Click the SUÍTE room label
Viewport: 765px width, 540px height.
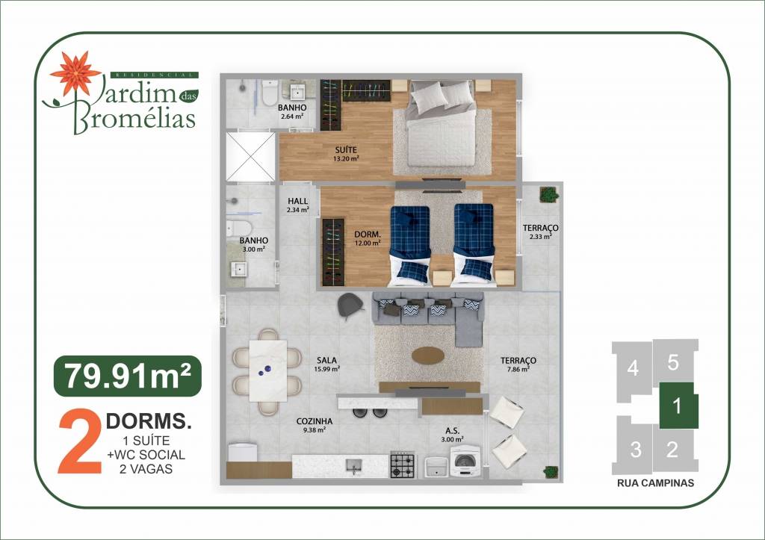[x=345, y=150]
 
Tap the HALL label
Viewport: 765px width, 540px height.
[x=297, y=201]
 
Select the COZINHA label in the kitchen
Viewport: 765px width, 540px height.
[x=315, y=421]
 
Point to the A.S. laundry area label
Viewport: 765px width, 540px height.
[x=452, y=431]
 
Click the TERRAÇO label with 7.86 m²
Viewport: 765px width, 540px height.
[x=518, y=361]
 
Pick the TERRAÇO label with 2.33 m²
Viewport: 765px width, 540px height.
[x=541, y=228]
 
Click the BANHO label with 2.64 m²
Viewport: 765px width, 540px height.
[x=292, y=108]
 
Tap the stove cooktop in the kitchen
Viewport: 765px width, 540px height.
[x=403, y=465]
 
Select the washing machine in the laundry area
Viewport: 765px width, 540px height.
[x=465, y=462]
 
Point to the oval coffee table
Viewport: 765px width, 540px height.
[x=428, y=356]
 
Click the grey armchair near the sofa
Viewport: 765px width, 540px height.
[x=350, y=306]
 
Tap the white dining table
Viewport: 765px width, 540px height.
[x=268, y=370]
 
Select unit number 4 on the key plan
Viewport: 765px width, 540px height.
[x=633, y=367]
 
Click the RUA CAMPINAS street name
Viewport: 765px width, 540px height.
[x=655, y=483]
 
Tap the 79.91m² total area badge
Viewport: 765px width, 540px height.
[x=127, y=376]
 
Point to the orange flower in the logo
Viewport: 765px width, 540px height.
[x=75, y=72]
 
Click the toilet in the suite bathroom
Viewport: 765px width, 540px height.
[x=270, y=93]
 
